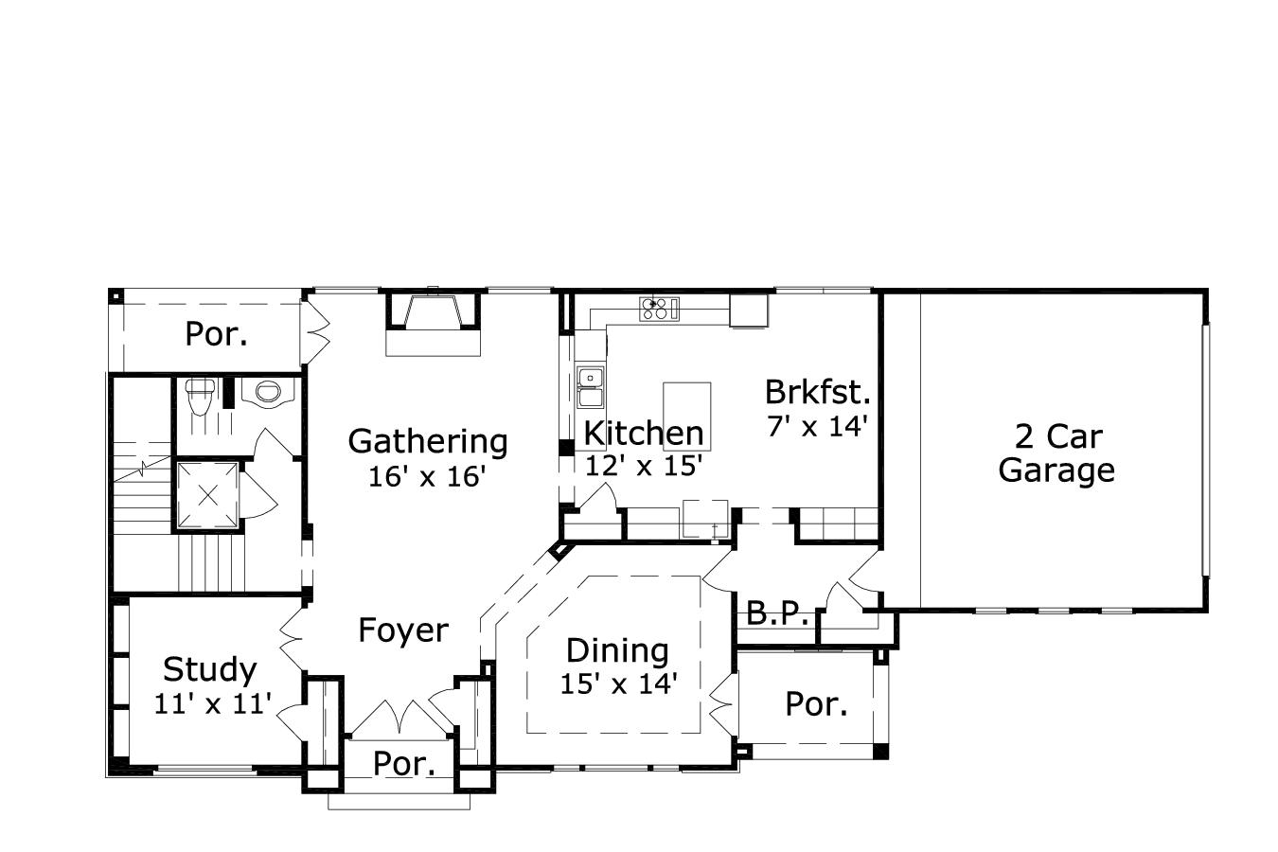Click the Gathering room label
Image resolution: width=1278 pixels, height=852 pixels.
[428, 441]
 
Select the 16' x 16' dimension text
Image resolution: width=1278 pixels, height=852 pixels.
[427, 476]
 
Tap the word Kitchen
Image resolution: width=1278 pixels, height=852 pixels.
[644, 434]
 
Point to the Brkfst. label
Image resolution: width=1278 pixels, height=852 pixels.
[818, 392]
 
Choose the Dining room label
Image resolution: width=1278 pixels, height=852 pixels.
[617, 650]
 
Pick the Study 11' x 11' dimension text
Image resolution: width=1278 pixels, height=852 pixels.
[213, 703]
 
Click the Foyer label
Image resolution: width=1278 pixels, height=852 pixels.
[403, 630]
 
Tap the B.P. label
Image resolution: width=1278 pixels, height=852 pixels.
[777, 613]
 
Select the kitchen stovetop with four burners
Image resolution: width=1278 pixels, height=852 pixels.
[660, 308]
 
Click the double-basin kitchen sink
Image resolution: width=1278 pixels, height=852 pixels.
[592, 387]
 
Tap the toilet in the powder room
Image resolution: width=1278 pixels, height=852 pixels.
[199, 397]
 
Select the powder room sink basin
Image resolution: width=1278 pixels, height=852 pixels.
[269, 391]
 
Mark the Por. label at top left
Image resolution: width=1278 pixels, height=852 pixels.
[216, 334]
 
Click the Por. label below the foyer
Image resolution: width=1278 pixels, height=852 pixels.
[404, 764]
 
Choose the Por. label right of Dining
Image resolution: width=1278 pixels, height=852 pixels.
[816, 704]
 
